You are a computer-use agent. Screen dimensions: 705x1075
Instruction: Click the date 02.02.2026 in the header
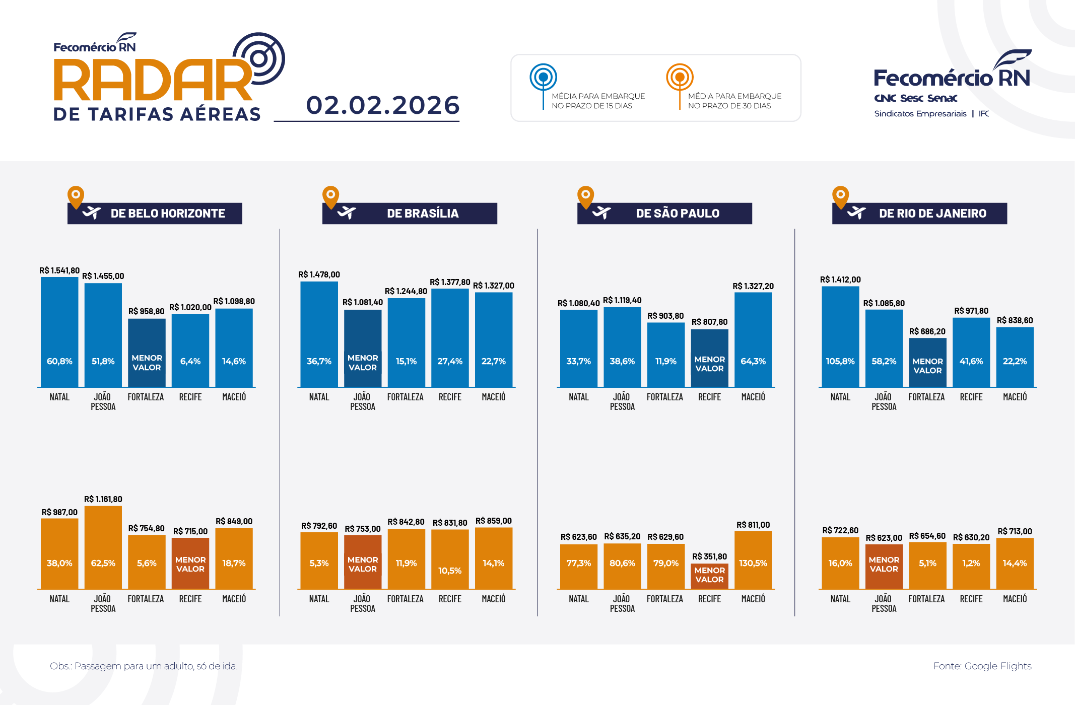(x=382, y=105)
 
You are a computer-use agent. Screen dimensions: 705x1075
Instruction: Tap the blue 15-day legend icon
(x=543, y=78)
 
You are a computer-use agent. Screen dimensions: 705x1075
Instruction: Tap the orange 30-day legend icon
(x=680, y=78)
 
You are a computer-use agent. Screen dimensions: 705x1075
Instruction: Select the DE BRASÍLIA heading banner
(x=410, y=214)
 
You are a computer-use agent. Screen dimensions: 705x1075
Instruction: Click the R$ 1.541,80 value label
(x=59, y=271)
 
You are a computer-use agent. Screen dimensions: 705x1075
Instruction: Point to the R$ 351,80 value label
(x=709, y=556)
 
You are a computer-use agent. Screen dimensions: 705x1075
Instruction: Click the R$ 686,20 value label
(x=927, y=331)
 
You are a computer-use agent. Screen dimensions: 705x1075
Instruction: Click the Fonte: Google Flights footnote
(x=982, y=666)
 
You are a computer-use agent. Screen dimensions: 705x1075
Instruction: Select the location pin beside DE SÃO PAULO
(x=585, y=196)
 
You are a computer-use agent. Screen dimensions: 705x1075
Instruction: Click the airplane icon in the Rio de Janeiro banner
(x=856, y=213)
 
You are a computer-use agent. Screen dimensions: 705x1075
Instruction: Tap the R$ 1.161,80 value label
(x=103, y=499)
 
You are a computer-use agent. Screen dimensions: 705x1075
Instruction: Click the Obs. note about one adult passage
(x=144, y=666)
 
